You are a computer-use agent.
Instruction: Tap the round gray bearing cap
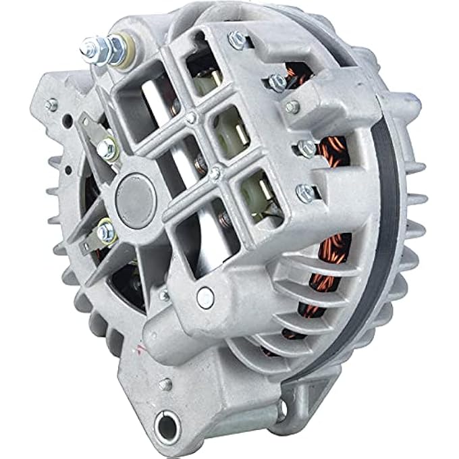[135, 196]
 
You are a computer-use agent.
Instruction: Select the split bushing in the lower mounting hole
[165, 425]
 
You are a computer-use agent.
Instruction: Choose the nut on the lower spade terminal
[104, 232]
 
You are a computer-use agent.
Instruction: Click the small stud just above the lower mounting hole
[165, 385]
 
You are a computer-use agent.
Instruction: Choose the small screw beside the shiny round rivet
[164, 296]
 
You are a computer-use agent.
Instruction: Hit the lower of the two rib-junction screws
[215, 173]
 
